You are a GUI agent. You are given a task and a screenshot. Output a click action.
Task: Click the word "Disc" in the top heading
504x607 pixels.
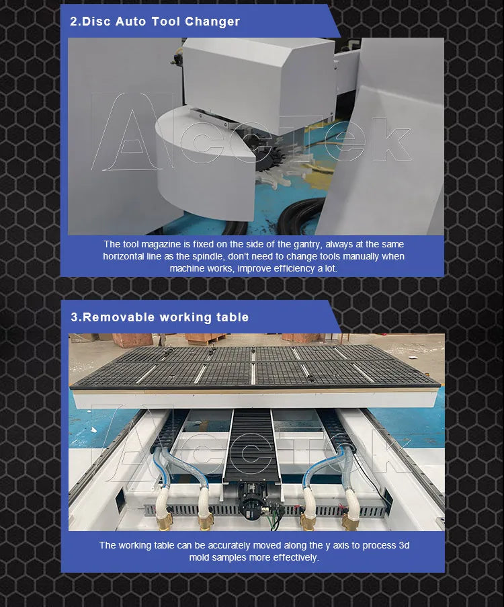97,22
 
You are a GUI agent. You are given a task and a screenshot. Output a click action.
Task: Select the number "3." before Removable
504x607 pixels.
76,317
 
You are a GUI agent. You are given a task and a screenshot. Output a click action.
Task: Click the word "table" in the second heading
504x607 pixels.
233,317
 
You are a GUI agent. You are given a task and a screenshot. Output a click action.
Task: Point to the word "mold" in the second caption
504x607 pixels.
201,557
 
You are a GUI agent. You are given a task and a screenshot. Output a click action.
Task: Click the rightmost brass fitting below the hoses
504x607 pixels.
349,520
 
